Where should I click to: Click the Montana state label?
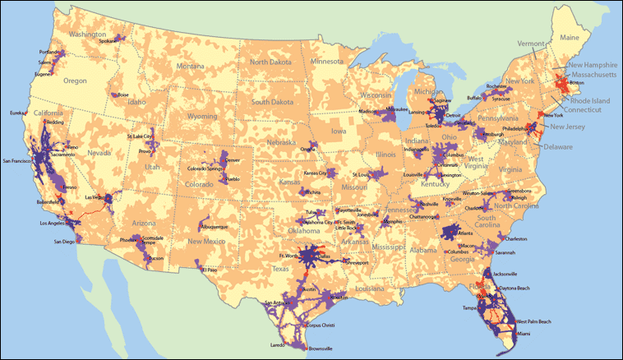[190, 66]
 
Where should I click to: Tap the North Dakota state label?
[270, 62]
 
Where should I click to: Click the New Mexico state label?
[205, 241]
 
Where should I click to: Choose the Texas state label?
[281, 269]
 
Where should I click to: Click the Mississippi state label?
[390, 246]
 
